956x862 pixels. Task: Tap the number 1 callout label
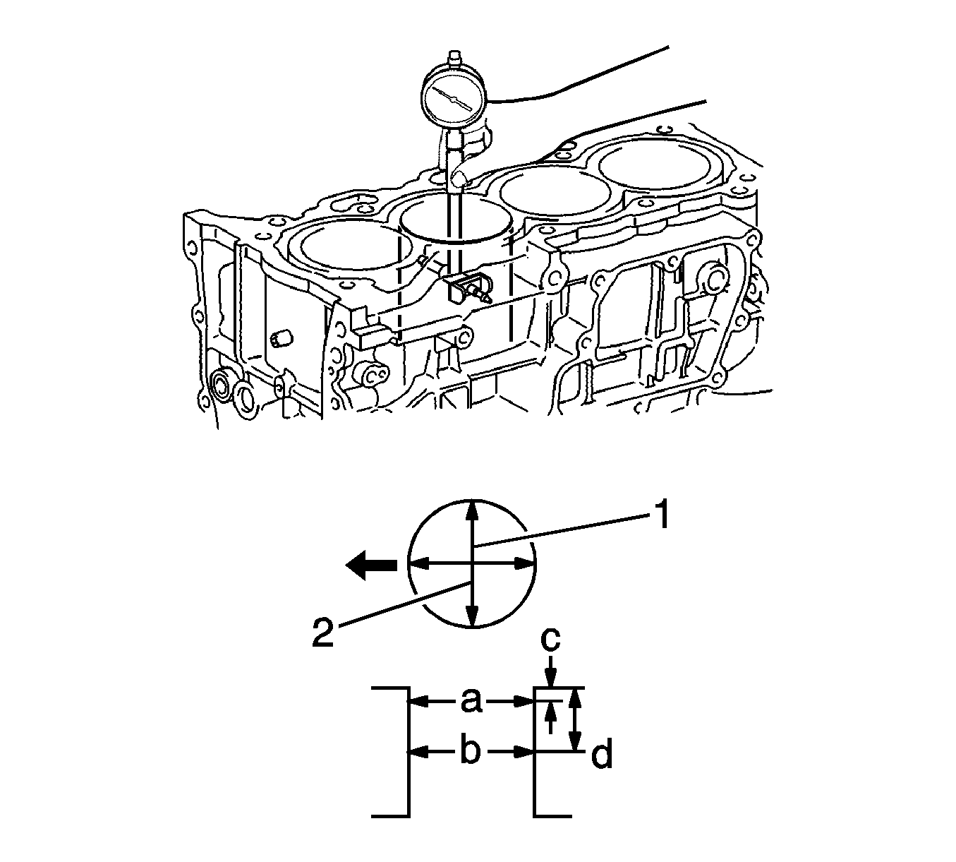(660, 514)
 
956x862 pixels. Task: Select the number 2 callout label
(323, 632)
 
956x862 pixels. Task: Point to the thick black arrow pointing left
(371, 565)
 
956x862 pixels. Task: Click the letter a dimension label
(471, 702)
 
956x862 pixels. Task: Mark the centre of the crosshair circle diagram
(472, 565)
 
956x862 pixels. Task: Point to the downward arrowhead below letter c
(551, 679)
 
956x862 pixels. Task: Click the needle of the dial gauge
(454, 99)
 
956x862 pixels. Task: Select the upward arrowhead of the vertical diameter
(472, 510)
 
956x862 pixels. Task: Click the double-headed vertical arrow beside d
(576, 726)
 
